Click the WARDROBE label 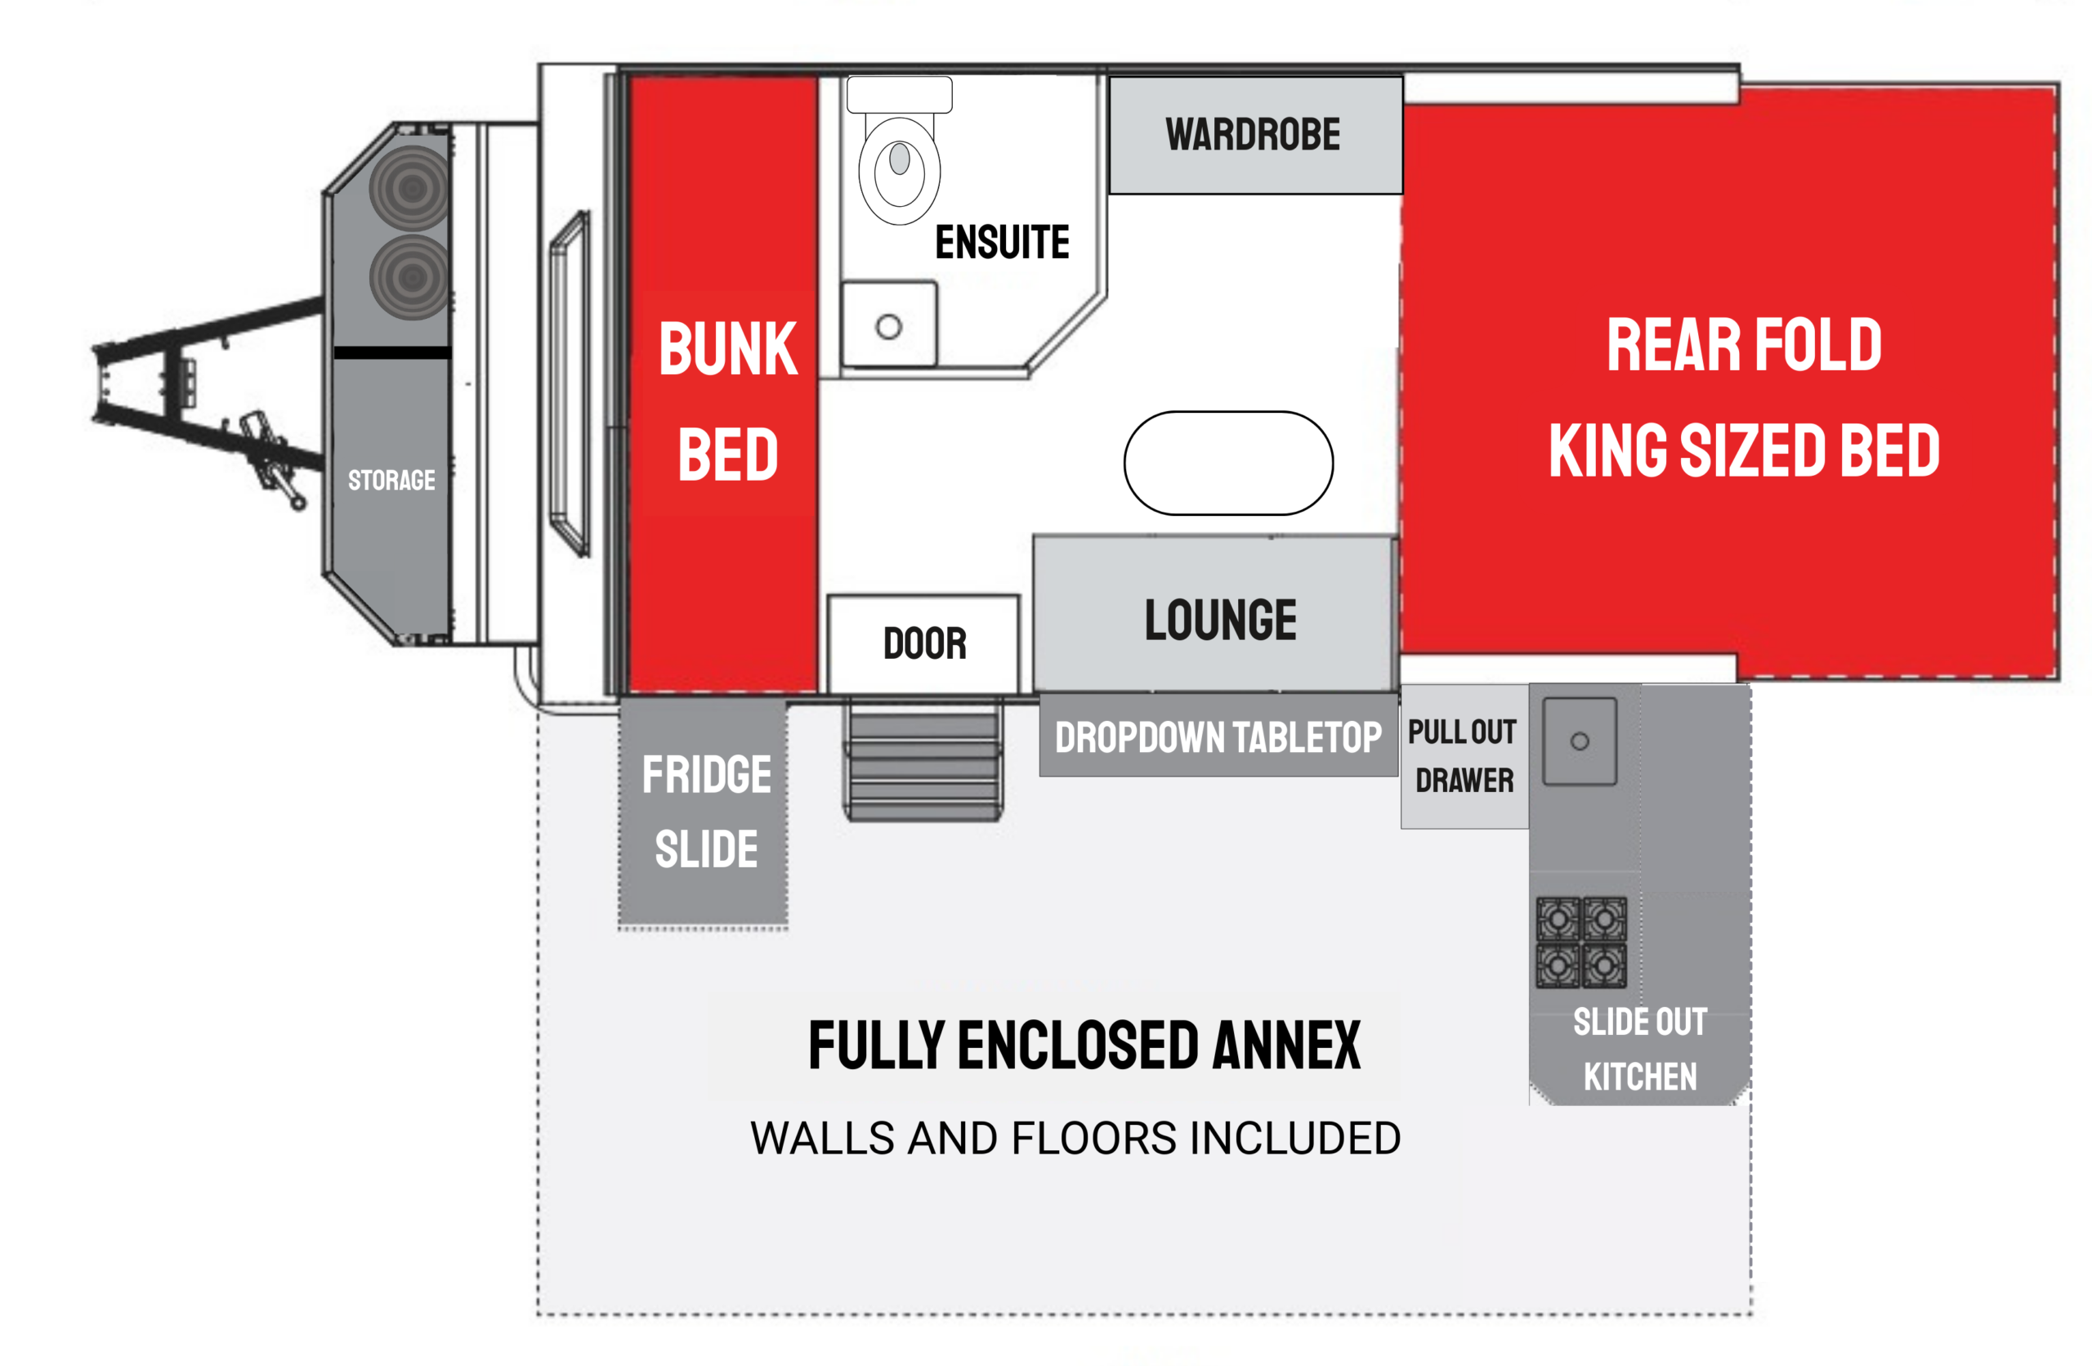coord(1253,135)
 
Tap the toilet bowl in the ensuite coord(899,170)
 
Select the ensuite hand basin coord(888,324)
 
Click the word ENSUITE coord(1002,242)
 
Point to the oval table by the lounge coord(1228,463)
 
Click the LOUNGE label coord(1220,620)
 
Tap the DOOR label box coord(923,644)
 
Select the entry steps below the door coord(923,759)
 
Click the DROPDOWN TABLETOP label coord(1218,737)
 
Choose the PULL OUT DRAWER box coord(1464,756)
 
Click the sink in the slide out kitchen coord(1580,741)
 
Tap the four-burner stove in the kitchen coord(1581,943)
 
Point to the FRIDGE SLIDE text coord(706,811)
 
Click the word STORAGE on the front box coord(391,480)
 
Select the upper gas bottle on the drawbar coord(411,188)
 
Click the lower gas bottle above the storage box coord(411,277)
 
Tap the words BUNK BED coord(728,401)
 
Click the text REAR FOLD coord(1744,346)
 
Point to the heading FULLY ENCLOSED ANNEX coord(1084,1046)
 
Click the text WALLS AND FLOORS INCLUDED coord(1075,1138)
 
